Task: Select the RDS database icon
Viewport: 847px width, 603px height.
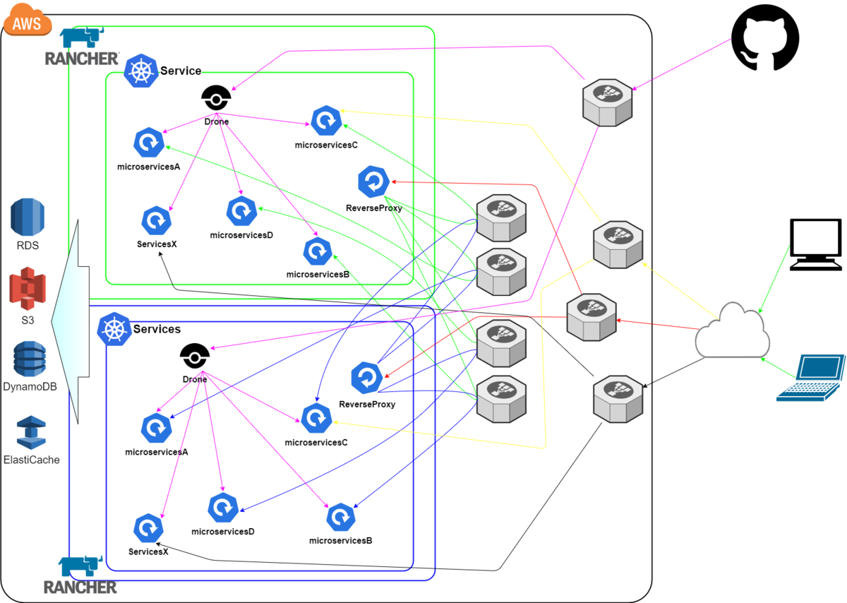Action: (x=28, y=217)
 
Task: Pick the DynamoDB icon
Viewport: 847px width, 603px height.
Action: (x=29, y=359)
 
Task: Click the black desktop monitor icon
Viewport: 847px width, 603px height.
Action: (x=816, y=244)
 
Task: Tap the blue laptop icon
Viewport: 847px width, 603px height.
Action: (x=811, y=378)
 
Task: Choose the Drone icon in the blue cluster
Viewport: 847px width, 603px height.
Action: (x=195, y=357)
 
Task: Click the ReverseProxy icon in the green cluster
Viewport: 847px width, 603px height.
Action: (x=373, y=181)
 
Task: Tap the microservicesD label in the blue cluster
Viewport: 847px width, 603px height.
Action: (x=222, y=531)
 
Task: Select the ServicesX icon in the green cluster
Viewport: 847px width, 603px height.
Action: (x=156, y=220)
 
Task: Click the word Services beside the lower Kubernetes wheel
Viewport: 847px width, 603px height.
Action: (x=157, y=329)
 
